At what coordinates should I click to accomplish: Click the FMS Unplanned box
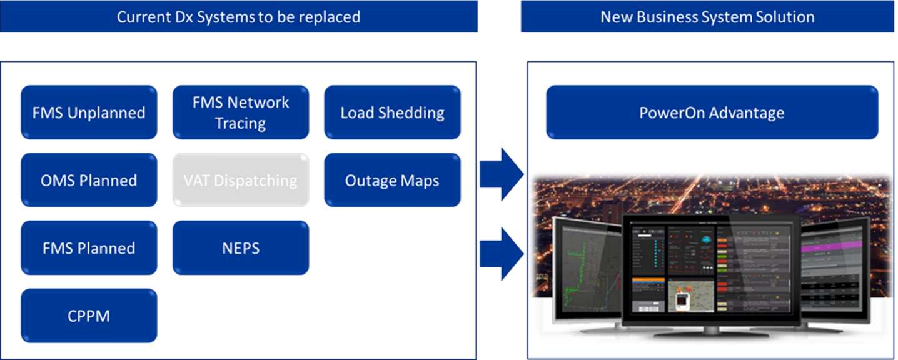(88, 112)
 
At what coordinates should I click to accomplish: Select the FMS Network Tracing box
(241, 112)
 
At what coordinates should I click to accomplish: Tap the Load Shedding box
(392, 112)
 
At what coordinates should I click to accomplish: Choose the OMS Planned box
(88, 181)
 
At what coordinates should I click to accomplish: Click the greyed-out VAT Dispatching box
(241, 181)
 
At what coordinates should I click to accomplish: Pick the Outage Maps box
(392, 181)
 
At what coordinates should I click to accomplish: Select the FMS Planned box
(88, 248)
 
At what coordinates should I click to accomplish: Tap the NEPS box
(241, 248)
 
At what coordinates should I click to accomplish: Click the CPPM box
(88, 316)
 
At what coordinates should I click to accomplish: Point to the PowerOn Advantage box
(712, 112)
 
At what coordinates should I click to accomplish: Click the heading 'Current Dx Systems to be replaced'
(238, 17)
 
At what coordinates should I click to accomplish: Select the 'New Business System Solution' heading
(707, 17)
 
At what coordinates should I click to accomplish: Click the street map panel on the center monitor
(690, 295)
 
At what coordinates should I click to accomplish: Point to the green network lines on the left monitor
(578, 275)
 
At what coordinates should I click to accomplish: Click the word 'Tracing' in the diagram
(241, 123)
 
